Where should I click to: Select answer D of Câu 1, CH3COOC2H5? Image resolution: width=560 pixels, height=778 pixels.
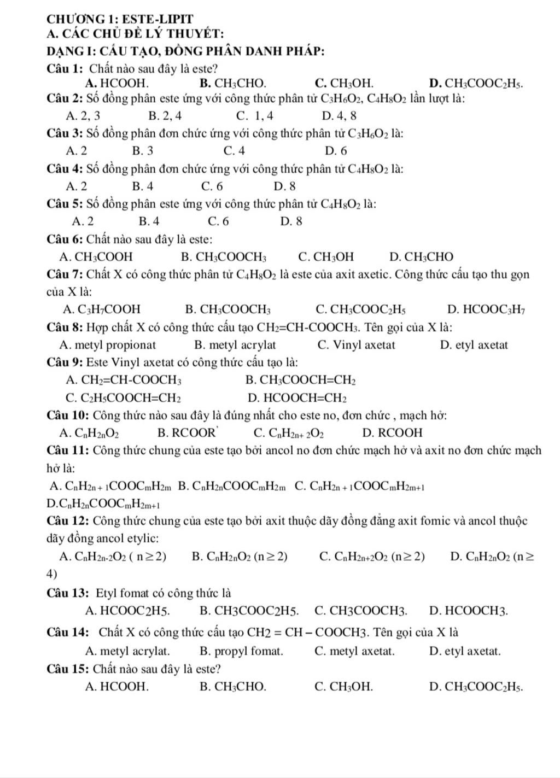[476, 84]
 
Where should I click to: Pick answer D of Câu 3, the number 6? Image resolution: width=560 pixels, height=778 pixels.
[336, 150]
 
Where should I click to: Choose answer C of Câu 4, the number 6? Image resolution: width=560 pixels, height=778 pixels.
[212, 186]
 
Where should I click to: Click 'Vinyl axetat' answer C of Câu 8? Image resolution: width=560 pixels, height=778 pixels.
[356, 345]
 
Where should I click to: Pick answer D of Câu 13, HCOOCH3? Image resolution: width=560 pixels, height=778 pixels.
[469, 610]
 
